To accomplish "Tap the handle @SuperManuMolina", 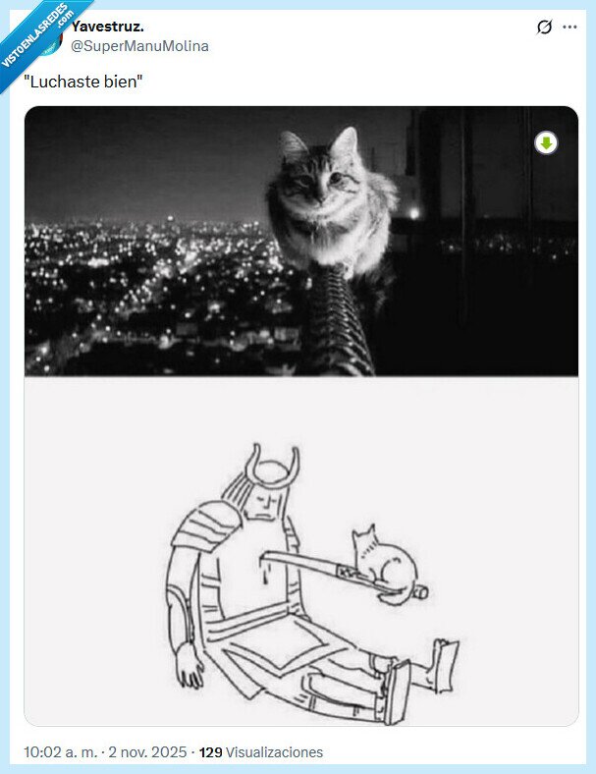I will (x=139, y=46).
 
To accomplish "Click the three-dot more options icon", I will (x=569, y=28).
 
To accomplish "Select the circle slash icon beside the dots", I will (x=545, y=28).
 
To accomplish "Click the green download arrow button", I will (x=546, y=143).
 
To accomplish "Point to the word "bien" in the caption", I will (x=125, y=83).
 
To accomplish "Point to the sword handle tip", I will (x=422, y=592).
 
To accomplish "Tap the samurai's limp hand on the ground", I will (x=190, y=668).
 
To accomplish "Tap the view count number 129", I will (x=210, y=752).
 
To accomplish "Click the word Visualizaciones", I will (x=274, y=752).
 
